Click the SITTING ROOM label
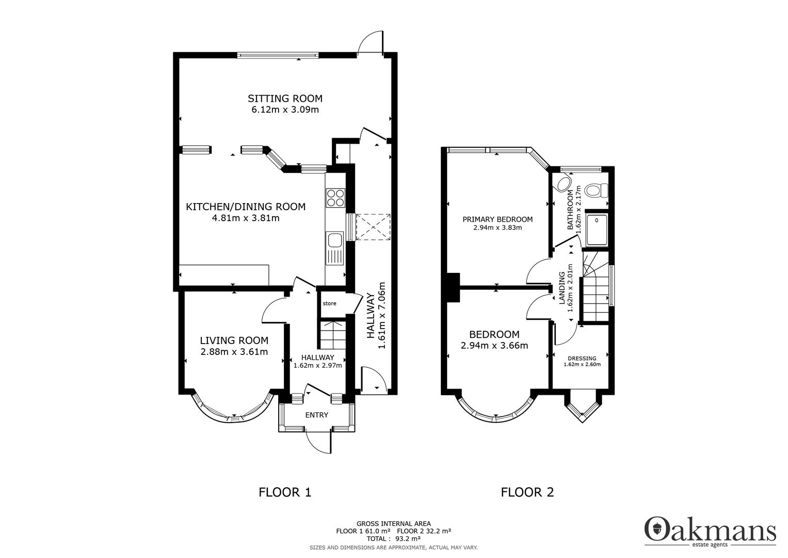[285, 98]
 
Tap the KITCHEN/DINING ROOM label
[246, 207]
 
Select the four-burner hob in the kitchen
[335, 197]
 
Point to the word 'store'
[329, 303]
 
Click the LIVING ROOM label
[234, 340]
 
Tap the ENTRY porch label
[316, 415]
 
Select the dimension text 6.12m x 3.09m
[285, 110]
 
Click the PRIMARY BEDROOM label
[497, 219]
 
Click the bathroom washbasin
[561, 183]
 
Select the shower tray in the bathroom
[597, 228]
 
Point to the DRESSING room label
[582, 358]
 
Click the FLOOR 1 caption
[285, 492]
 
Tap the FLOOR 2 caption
[527, 492]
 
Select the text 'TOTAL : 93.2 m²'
[393, 538]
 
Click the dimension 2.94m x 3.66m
[494, 346]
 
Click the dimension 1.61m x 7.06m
[382, 315]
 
